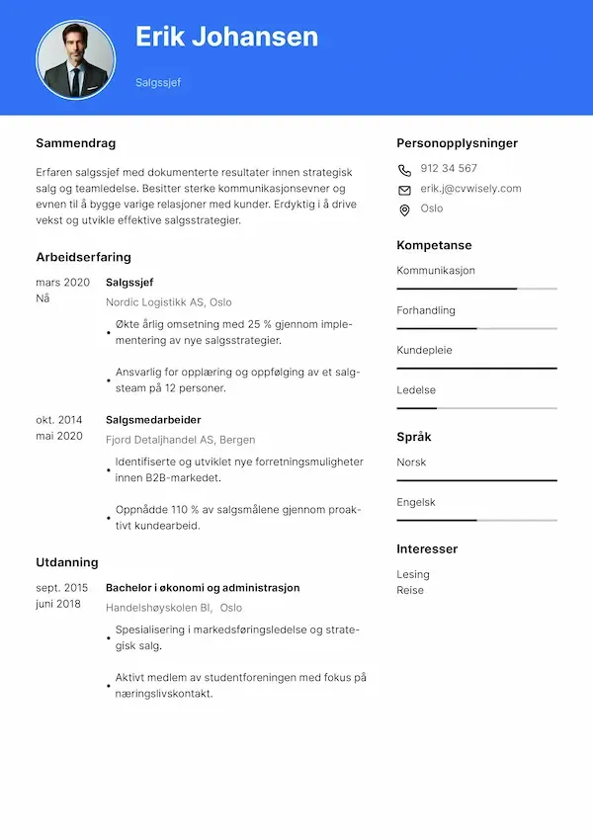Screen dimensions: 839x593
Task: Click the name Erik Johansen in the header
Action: pyautogui.click(x=226, y=38)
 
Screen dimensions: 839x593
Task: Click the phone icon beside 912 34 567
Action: pyautogui.click(x=404, y=169)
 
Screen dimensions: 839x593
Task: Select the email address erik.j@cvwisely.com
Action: pyautogui.click(x=470, y=189)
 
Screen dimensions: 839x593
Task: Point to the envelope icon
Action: pyautogui.click(x=404, y=190)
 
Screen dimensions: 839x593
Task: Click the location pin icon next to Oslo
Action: pyautogui.click(x=404, y=210)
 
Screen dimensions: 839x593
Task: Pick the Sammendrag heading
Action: pyautogui.click(x=75, y=143)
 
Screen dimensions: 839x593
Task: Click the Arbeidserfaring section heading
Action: pyautogui.click(x=83, y=257)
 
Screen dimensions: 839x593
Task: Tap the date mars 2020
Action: pyautogui.click(x=62, y=283)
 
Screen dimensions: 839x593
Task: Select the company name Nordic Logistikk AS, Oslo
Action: pyautogui.click(x=168, y=302)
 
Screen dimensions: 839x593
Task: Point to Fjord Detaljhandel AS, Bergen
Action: pyautogui.click(x=180, y=440)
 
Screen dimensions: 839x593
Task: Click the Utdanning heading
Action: pyautogui.click(x=67, y=562)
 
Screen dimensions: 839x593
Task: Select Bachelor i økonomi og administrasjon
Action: pyautogui.click(x=203, y=588)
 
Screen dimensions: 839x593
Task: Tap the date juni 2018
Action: pyautogui.click(x=58, y=604)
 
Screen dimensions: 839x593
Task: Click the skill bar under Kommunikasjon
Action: pyautogui.click(x=476, y=289)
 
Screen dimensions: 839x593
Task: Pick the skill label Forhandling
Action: pyautogui.click(x=426, y=310)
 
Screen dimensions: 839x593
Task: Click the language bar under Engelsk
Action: pyautogui.click(x=476, y=520)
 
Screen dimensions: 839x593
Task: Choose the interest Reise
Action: pyautogui.click(x=410, y=590)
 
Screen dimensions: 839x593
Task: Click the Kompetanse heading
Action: pyautogui.click(x=434, y=245)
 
